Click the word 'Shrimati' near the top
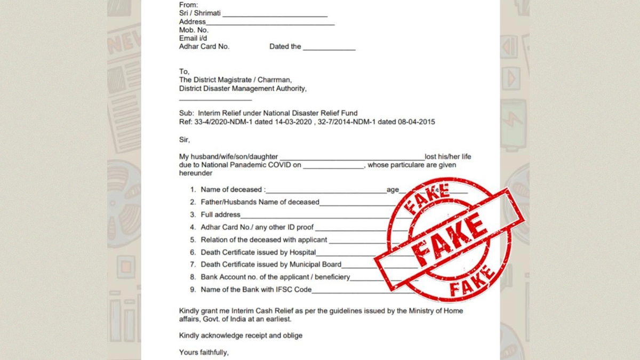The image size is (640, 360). tap(207, 13)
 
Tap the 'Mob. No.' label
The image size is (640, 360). tap(194, 30)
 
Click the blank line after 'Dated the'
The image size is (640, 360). tap(329, 48)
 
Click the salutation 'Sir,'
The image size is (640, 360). tap(185, 140)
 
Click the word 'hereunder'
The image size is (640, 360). tap(196, 173)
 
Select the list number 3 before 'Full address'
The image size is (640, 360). tap(193, 214)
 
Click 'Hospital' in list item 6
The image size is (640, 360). tap(302, 252)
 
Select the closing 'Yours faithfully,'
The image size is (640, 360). tap(204, 353)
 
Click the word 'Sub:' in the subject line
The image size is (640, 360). tap(186, 113)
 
